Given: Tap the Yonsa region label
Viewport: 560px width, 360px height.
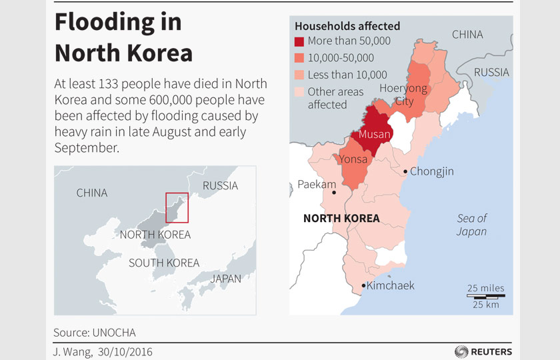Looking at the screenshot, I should pos(353,159).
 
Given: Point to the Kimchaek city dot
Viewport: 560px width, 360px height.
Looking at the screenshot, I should pos(363,286).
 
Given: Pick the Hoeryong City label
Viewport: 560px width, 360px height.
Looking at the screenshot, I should pos(403,95).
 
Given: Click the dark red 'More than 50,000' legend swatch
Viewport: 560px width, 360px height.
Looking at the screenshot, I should pos(300,41).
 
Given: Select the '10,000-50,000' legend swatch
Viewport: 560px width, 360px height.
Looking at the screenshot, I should pos(300,58).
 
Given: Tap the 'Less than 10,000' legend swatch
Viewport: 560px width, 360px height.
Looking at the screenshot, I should pos(300,75).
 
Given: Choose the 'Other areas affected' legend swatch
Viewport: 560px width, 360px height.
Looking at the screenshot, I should pos(300,91).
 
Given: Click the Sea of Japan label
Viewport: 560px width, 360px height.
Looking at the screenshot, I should pos(471,225).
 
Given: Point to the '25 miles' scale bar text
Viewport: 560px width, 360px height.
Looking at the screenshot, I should pos(485,288).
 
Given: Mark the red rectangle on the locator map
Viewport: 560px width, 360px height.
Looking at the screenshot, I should pos(177,207).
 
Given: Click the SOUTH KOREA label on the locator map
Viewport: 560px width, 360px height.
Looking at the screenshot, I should pos(164,263).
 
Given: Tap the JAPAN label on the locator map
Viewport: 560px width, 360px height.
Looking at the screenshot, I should pos(225,279).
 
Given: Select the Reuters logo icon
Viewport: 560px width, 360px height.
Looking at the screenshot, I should pos(461,351).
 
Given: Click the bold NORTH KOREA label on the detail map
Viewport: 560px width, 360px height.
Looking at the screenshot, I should pos(341,218).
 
